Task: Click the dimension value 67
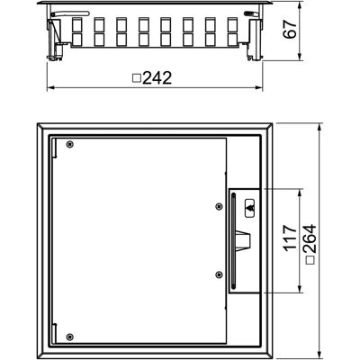290,29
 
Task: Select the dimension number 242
157,78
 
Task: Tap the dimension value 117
290,238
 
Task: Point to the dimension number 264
309,238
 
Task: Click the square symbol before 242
137,78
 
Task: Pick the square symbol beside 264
310,260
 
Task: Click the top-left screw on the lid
69,144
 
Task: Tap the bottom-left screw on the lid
69,337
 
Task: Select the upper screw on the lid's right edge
220,206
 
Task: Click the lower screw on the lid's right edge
220,274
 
